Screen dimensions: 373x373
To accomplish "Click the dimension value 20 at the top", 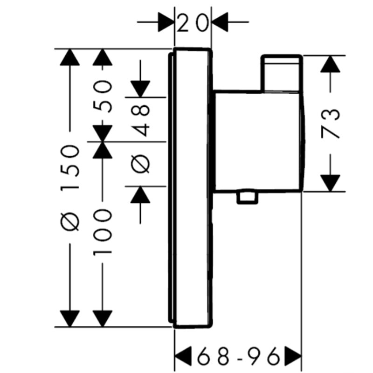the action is (193, 23).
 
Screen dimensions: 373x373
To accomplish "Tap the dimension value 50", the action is (102, 96).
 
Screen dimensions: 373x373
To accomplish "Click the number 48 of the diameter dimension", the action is (141, 120).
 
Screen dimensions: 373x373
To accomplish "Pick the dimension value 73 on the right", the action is (330, 124).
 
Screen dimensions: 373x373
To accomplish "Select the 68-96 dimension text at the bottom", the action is (238, 356).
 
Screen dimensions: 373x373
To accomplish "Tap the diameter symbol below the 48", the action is (141, 164).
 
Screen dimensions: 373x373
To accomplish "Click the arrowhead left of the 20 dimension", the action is (166, 22).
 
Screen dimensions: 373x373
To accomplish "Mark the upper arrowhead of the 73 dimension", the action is (330, 64).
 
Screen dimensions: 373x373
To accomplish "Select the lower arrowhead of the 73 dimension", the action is (330, 183).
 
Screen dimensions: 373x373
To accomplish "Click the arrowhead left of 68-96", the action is (183, 356).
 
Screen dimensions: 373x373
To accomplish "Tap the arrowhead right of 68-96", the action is (293, 356).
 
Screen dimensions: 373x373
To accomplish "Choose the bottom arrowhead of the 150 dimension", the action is (69, 319).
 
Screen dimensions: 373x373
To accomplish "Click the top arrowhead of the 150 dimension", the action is (69, 57).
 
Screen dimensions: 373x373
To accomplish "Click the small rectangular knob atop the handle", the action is (282, 73).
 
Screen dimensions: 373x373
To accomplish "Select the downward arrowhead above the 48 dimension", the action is (140, 89).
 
